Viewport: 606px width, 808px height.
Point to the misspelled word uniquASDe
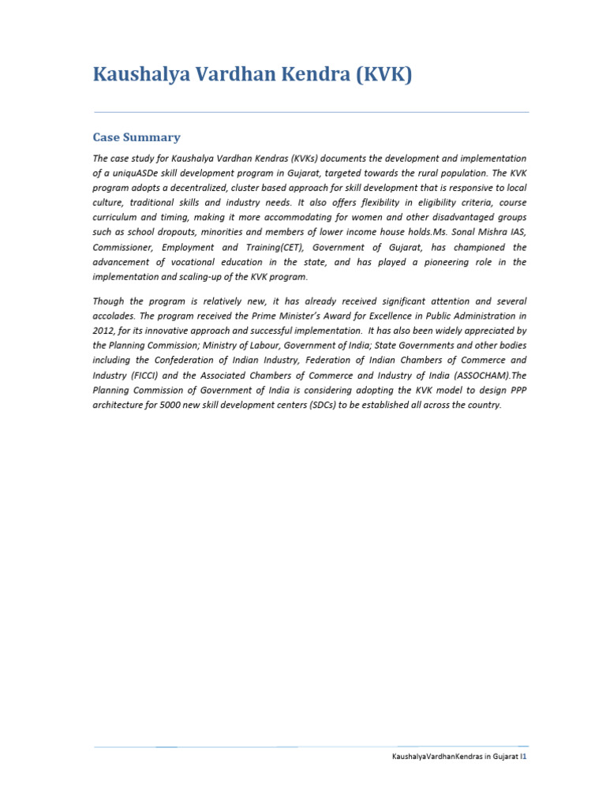point(139,174)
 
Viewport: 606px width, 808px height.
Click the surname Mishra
point(488,232)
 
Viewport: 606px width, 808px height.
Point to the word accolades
point(116,316)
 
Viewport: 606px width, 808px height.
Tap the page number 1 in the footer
point(525,756)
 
